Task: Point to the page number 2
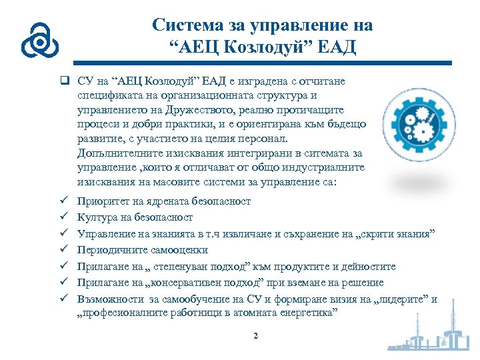coord(255,335)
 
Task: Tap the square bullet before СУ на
coord(64,81)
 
